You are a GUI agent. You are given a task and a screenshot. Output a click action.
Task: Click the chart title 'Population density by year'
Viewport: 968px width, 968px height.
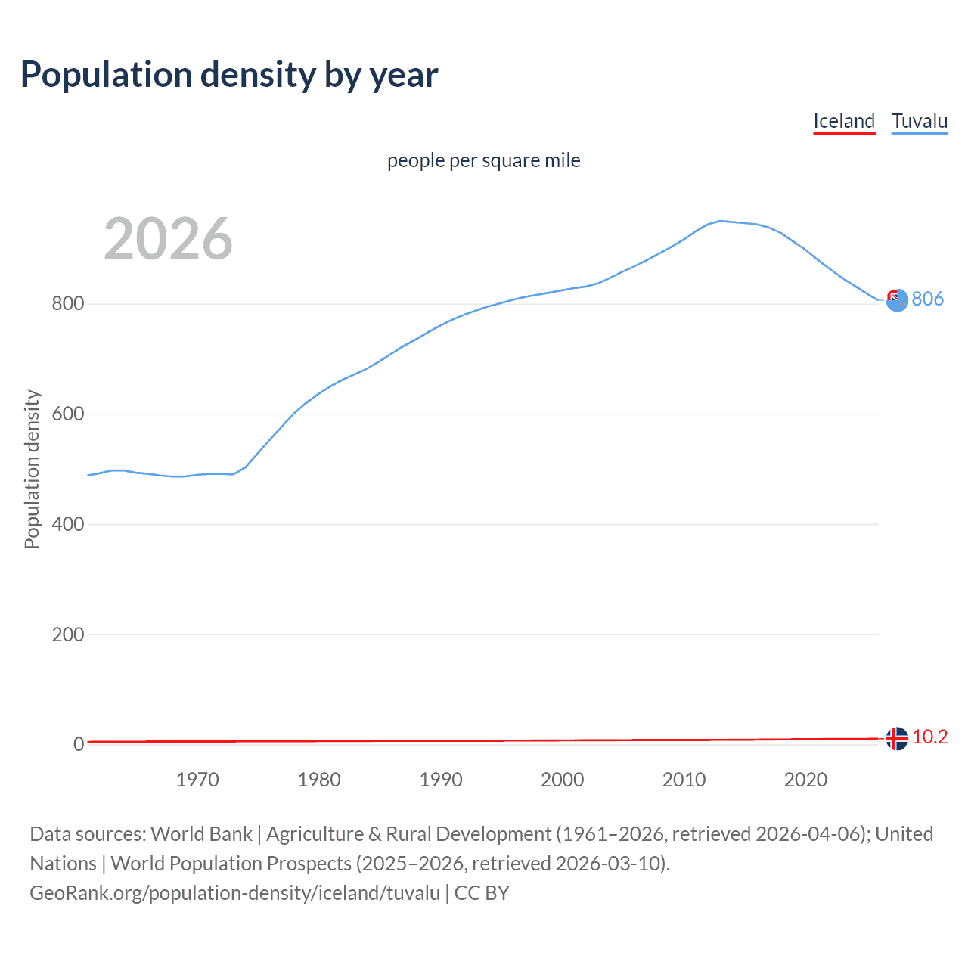(x=229, y=74)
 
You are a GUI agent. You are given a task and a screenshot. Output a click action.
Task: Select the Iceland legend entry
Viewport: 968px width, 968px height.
(x=844, y=121)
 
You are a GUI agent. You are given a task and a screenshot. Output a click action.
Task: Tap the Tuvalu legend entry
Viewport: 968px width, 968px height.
(x=920, y=121)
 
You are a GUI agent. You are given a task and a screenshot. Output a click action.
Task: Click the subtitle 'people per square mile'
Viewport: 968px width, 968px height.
(x=484, y=160)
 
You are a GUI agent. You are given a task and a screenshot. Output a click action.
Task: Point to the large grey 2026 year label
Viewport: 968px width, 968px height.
(x=168, y=239)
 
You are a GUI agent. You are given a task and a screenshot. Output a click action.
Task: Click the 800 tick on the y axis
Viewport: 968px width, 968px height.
(x=67, y=304)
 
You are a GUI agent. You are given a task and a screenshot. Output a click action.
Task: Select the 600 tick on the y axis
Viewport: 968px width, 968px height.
(x=67, y=414)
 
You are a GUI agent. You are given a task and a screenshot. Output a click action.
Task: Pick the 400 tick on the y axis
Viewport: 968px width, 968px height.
(x=67, y=524)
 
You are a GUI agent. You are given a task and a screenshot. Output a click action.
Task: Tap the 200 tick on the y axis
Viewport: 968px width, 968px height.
(x=67, y=634)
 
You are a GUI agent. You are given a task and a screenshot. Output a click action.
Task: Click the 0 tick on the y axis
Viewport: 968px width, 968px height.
(x=78, y=744)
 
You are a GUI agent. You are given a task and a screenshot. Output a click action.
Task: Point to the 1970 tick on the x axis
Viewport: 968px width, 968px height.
(x=197, y=780)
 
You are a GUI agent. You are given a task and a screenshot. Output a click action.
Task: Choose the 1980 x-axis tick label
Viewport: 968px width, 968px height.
(x=319, y=780)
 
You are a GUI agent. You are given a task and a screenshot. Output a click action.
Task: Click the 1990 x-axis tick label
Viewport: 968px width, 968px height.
(x=441, y=780)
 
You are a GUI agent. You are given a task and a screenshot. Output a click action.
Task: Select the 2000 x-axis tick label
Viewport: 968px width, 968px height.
(x=563, y=780)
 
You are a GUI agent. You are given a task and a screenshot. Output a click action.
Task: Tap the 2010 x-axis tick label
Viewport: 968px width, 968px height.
(x=684, y=780)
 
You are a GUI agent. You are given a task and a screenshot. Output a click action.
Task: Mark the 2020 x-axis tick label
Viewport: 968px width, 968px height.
(x=805, y=780)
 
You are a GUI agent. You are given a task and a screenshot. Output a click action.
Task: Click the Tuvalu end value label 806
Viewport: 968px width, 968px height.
(x=927, y=299)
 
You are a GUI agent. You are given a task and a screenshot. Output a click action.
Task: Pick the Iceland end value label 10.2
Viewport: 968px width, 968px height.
(x=929, y=737)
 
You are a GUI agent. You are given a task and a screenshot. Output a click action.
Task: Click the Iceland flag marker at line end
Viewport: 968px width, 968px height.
(x=897, y=738)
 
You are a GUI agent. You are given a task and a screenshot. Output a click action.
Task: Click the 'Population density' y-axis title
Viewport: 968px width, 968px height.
(x=32, y=469)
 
